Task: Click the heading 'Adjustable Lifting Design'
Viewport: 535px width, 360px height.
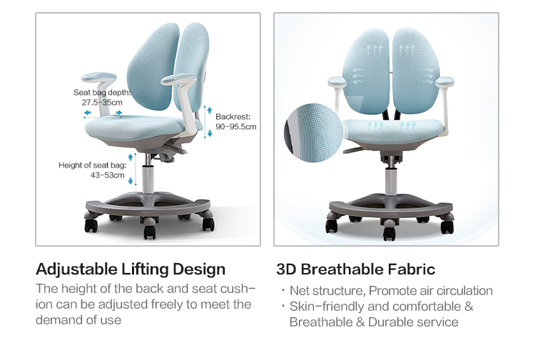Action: [131, 269]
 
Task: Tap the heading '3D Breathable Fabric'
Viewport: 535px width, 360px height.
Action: [355, 269]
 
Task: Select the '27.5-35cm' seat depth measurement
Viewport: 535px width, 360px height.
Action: [102, 102]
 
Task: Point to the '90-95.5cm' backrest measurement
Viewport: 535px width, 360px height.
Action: [236, 127]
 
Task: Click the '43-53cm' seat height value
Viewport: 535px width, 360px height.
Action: [108, 175]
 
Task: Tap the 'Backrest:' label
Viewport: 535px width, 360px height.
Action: [233, 117]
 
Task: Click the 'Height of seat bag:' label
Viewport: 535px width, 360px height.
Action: [93, 165]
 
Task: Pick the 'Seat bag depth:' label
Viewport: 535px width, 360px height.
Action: [102, 93]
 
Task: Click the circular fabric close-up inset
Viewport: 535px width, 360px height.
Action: [313, 133]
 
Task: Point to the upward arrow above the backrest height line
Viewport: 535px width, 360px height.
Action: [210, 110]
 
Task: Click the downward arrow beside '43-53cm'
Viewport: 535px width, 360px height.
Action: [131, 180]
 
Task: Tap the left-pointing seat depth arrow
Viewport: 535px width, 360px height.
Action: [88, 113]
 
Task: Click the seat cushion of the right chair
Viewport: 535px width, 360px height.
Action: [394, 130]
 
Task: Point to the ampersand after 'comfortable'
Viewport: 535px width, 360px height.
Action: [469, 306]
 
